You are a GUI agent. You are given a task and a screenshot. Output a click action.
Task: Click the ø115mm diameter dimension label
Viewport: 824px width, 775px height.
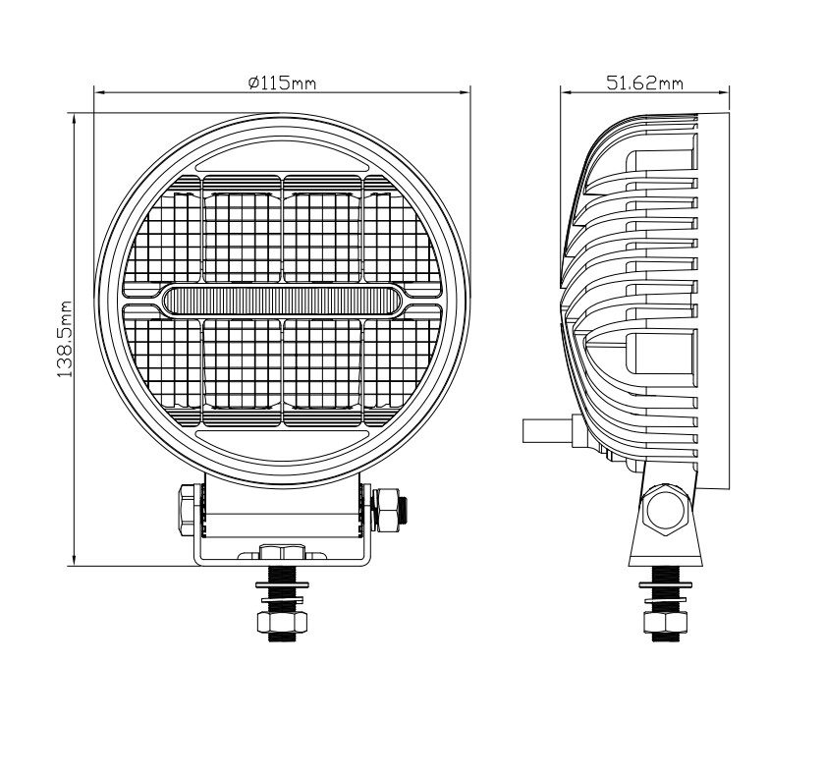pyautogui.click(x=281, y=83)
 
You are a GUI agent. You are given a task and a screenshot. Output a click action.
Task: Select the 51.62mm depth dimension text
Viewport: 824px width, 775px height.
pyautogui.click(x=644, y=83)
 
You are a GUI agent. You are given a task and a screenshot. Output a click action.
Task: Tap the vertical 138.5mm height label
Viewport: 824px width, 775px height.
pyautogui.click(x=65, y=340)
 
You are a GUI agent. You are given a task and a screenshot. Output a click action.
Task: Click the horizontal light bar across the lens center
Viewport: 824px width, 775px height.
pyautogui.click(x=282, y=301)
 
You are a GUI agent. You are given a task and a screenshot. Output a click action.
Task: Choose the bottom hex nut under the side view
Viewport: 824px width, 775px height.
pyautogui.click(x=666, y=623)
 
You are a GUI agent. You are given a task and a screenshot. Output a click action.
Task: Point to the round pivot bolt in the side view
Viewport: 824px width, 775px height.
pyautogui.click(x=668, y=510)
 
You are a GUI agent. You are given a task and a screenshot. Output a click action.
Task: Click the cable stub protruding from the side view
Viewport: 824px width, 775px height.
pyautogui.click(x=545, y=430)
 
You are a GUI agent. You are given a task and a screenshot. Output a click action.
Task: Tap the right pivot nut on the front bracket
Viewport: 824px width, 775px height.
pyautogui.click(x=388, y=508)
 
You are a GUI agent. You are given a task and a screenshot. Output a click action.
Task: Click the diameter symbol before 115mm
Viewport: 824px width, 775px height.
pyautogui.click(x=253, y=83)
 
